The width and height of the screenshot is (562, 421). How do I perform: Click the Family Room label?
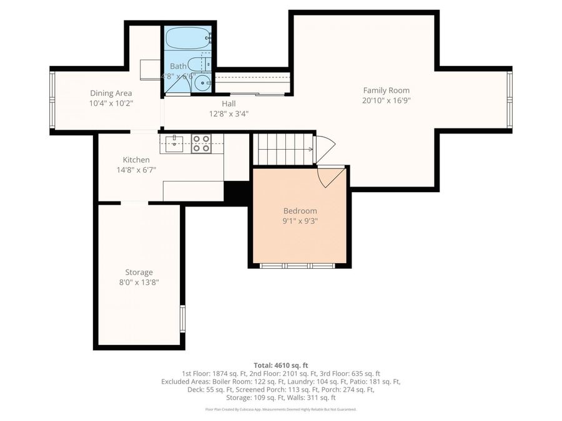click(x=386, y=90)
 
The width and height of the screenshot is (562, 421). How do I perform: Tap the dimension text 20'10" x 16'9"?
click(x=386, y=100)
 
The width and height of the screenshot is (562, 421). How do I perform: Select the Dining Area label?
click(x=111, y=93)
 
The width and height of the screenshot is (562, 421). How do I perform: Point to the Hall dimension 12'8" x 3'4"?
click(x=228, y=114)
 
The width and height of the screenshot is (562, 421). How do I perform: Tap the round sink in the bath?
click(x=202, y=83)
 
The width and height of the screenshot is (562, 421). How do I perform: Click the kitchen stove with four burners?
click(x=201, y=144)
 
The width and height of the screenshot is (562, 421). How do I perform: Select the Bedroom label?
click(x=300, y=211)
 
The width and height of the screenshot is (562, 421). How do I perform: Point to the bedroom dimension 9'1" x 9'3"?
click(x=300, y=220)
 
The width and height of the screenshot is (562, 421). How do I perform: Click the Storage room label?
click(x=139, y=273)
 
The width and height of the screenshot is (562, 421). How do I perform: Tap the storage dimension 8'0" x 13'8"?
click(x=139, y=282)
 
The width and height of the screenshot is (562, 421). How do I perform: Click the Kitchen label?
click(x=136, y=160)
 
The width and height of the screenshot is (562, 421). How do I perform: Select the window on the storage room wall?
click(x=182, y=318)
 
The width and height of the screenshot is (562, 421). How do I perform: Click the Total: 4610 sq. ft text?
click(x=280, y=365)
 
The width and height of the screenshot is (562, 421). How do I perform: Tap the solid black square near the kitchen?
click(x=237, y=192)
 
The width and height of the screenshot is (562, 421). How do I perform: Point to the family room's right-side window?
click(x=510, y=100)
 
